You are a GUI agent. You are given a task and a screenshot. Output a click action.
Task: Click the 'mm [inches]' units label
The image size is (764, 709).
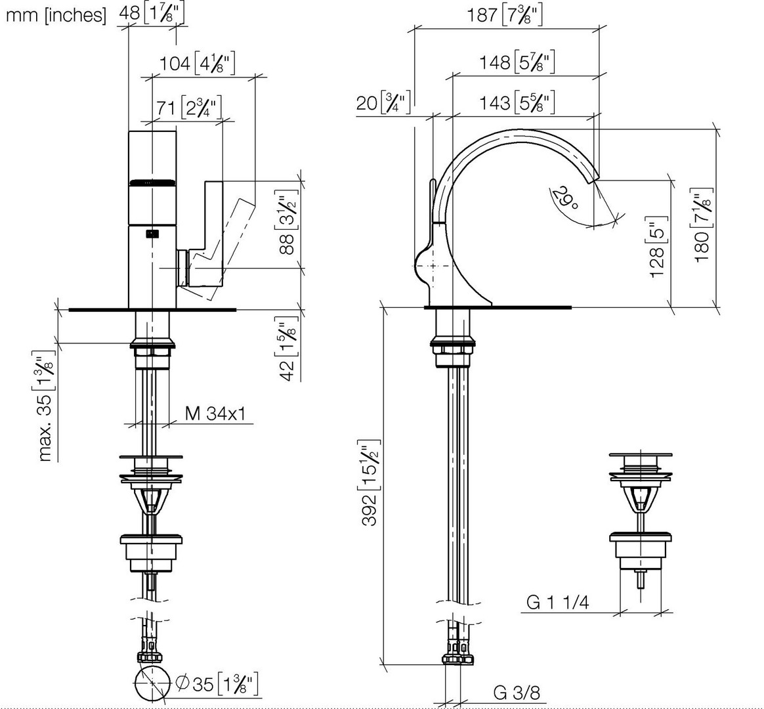pos(56,16)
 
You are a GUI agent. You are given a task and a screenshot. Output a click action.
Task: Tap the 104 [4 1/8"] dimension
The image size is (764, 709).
pos(198,63)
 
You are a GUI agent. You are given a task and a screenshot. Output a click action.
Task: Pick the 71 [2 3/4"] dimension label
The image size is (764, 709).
pos(189,107)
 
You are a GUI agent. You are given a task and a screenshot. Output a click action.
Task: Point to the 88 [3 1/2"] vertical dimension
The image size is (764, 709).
pos(287,222)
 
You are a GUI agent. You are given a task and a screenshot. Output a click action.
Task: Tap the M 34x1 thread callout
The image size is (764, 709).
pos(215,414)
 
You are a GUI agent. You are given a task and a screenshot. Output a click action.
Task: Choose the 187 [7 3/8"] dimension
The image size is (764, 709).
pos(505,15)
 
